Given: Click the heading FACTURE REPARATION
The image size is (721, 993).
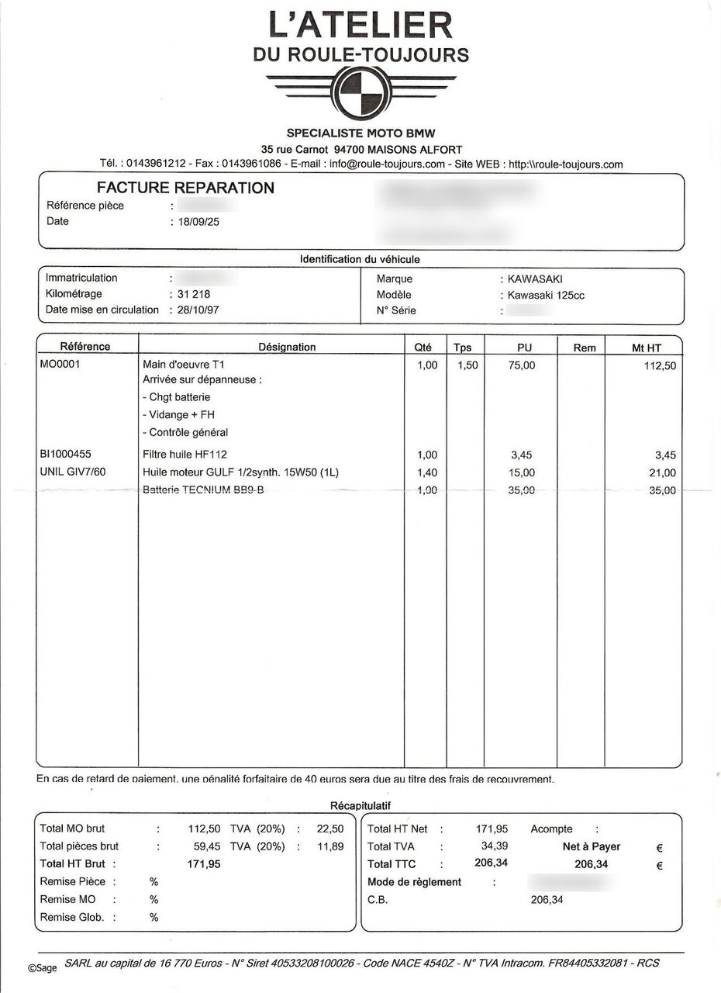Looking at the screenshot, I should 185,188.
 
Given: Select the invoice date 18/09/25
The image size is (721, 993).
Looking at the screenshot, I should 199,222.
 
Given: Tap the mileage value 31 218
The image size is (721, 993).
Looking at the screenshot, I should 193,294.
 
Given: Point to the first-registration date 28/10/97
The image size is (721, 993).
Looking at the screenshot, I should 199,310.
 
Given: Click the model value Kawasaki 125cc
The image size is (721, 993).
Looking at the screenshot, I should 546,295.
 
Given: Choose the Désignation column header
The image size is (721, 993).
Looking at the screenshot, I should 287,347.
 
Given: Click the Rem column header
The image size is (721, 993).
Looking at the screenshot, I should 585,348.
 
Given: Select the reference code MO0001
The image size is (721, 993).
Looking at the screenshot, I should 60,364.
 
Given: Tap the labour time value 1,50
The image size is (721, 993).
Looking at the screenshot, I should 467,365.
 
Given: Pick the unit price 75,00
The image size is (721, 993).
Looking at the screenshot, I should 522,365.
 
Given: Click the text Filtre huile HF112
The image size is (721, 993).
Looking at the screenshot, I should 185,455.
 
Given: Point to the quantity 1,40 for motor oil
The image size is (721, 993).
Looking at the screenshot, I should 426,472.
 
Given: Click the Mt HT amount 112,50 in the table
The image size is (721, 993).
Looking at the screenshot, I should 660,365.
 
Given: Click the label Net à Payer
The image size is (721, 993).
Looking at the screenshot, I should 591,846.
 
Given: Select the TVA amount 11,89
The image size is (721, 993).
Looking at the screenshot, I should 330,846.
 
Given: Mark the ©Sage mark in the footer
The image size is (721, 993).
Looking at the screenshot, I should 43,967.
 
